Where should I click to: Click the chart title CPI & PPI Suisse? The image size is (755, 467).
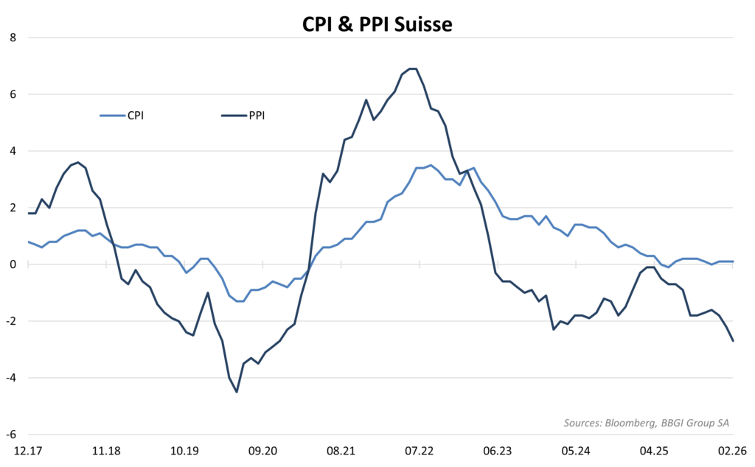377,24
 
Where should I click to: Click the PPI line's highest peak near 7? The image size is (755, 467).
413,69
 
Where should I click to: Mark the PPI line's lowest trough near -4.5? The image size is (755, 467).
237,392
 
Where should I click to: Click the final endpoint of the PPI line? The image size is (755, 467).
733,341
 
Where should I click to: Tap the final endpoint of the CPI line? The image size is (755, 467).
733,261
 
